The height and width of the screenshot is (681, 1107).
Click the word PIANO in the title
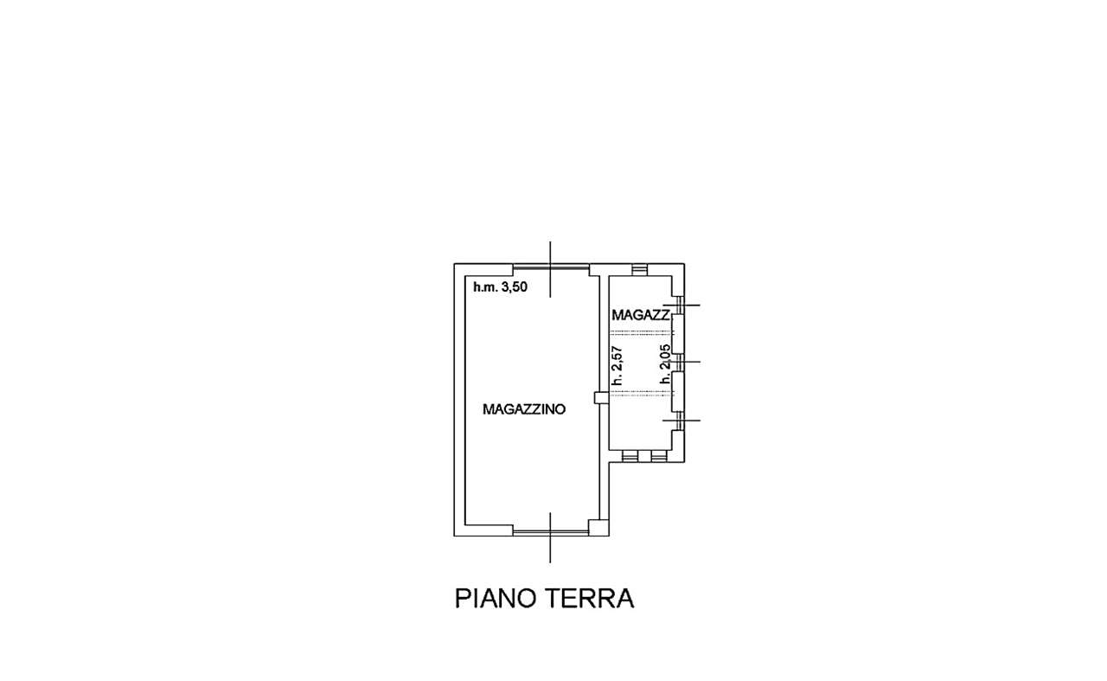tap(496, 599)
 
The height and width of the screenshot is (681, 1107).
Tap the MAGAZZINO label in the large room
tap(524, 409)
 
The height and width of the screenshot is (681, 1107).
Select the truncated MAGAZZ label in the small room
tap(641, 315)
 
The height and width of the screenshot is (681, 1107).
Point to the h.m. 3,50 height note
tap(500, 286)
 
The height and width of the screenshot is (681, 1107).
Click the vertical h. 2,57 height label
tap(617, 365)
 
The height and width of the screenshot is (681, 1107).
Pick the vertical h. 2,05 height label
tap(665, 364)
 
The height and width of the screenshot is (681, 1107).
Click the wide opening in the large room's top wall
tap(551, 267)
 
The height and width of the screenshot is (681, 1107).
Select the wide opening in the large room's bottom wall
tap(551, 532)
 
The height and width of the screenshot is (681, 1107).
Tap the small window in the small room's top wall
tap(639, 269)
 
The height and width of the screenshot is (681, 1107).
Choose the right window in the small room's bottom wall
tap(659, 456)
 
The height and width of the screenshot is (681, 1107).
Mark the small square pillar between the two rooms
tap(601, 398)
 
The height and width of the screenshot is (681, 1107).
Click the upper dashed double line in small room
tap(642, 333)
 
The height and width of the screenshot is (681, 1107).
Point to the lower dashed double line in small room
tap(642, 394)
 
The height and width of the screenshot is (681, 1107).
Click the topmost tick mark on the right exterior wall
tap(681, 305)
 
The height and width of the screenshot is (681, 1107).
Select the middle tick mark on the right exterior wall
tap(681, 362)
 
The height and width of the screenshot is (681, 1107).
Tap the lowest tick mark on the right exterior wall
tap(681, 421)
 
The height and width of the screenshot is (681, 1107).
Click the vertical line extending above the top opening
tap(551, 269)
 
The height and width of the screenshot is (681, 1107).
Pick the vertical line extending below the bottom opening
tap(550, 537)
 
